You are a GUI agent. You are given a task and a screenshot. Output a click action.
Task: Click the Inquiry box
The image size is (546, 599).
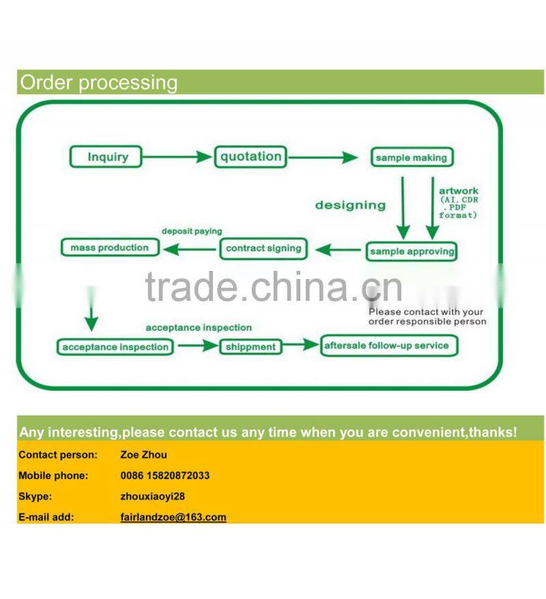pos(107,157)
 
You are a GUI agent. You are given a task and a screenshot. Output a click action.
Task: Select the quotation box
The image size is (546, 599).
pos(250,157)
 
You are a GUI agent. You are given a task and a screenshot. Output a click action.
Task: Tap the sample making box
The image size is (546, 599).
pos(411,158)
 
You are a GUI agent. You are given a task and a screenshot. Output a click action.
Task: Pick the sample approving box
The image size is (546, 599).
pos(412,251)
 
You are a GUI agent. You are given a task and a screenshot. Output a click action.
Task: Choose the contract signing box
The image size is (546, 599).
pos(263,248)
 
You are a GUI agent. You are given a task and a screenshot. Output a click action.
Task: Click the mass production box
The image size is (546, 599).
pos(109,248)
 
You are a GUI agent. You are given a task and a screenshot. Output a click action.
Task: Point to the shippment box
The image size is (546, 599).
pos(250,347)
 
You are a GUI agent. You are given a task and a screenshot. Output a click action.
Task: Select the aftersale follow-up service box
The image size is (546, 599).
pos(387,345)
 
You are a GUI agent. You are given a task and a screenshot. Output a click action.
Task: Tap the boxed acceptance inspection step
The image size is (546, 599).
pos(115,347)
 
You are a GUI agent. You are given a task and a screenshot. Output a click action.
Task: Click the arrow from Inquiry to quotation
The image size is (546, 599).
pos(178,157)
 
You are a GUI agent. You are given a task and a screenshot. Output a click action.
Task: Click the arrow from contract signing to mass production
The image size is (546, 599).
pos(190,249)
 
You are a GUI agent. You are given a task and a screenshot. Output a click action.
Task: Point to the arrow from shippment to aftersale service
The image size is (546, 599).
pos(301,346)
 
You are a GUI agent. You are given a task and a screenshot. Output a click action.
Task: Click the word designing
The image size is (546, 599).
pos(350,205)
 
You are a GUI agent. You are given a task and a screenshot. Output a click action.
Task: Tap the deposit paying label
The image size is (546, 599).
pos(192,231)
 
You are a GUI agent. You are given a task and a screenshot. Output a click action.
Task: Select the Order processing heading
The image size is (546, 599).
pos(99,83)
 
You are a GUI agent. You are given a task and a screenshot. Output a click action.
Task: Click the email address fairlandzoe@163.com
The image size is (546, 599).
pos(173,517)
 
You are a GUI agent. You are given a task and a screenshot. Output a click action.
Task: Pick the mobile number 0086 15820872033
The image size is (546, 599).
pos(164,476)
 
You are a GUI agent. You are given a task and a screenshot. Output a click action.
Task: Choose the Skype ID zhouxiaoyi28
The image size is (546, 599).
pos(152,497)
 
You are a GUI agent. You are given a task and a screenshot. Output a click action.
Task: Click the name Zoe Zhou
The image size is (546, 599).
pos(143,454)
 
